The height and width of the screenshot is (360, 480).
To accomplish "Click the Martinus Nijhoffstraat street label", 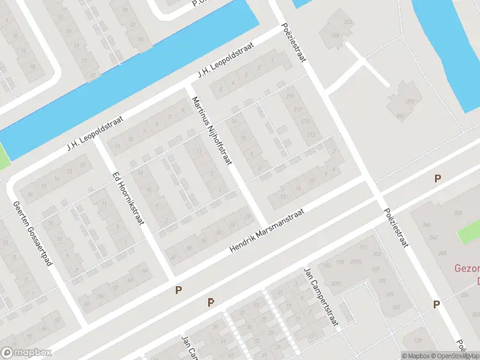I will coord(212,130).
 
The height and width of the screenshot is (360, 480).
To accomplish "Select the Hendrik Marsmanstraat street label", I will coord(268,230).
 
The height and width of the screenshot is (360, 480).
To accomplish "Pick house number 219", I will coord(291,96).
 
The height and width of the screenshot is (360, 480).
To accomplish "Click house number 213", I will coord(310,134).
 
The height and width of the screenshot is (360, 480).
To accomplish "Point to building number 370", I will coord(410,101).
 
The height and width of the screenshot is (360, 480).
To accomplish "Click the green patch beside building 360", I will coord(469,232).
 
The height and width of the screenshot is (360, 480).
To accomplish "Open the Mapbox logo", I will coord(26,353).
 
